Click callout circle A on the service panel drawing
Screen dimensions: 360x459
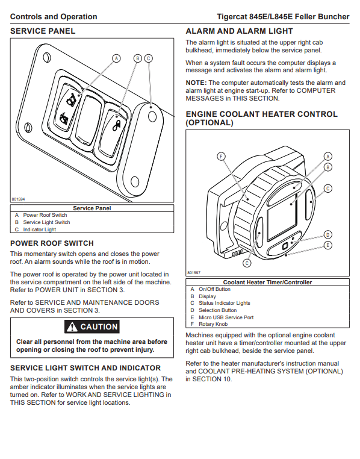pos(116,58)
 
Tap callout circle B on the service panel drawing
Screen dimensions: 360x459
pos(138,58)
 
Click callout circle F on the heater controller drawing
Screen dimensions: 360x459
pos(221,157)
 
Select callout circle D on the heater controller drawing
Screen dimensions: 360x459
pos(328,235)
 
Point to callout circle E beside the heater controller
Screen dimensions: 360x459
pos(328,245)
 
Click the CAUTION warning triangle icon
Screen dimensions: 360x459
pos(72,326)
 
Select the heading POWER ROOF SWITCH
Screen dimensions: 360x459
pos(52,243)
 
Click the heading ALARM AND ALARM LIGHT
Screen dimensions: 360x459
pos(239,31)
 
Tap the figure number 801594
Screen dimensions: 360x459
pos(18,199)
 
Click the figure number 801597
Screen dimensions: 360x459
pos(194,272)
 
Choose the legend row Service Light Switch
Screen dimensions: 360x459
pos(46,222)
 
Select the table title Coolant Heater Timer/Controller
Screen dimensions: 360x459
pos(267,282)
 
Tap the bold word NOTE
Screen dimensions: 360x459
pos(196,83)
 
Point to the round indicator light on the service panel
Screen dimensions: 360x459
pos(152,117)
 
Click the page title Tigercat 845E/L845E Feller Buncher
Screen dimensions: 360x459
pos(283,17)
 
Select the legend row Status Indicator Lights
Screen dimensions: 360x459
pos(225,303)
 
